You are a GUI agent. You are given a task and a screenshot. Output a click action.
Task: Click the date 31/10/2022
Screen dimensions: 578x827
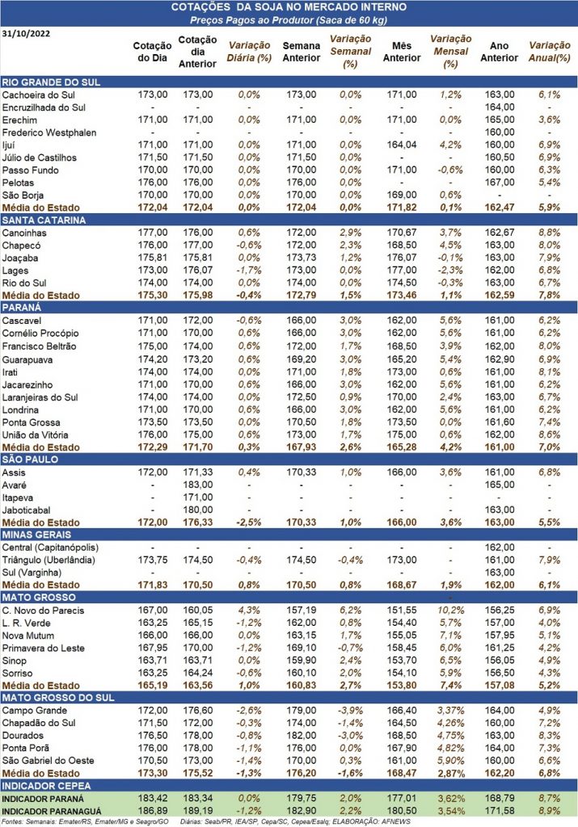27,34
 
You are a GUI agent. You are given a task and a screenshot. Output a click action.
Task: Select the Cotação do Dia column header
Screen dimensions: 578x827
152,52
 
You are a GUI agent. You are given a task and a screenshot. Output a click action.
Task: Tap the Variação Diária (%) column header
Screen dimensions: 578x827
249,52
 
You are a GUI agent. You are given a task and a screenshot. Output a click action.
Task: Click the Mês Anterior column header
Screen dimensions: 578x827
402,52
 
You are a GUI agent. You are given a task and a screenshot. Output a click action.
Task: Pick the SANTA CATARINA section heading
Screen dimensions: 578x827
44,220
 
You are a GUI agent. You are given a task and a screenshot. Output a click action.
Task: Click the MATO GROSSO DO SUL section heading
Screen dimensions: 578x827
58,698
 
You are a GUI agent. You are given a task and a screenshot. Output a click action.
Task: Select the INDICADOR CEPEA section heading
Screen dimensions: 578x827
46,786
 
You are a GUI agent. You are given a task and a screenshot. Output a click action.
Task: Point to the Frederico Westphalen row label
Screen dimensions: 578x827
49,132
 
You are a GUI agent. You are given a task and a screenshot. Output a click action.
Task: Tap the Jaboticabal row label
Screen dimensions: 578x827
27,510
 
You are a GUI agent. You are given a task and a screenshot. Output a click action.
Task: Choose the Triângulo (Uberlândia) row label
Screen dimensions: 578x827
49,560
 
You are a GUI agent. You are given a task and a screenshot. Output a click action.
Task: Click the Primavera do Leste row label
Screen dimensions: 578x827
44,649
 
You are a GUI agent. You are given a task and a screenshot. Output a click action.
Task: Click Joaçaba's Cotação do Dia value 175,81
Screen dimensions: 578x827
153,258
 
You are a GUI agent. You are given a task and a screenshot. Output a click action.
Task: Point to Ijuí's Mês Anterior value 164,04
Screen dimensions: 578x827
402,145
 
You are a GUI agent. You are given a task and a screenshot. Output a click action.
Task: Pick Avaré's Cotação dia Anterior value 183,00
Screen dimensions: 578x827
198,485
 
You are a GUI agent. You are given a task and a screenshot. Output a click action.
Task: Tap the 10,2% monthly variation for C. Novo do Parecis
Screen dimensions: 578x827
451,611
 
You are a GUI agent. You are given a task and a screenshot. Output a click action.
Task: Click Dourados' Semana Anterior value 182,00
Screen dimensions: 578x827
302,736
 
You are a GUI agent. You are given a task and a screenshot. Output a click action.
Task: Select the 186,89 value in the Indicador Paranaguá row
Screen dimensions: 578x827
153,811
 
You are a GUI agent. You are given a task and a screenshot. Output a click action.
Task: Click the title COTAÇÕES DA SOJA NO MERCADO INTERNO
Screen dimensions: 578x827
289,7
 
